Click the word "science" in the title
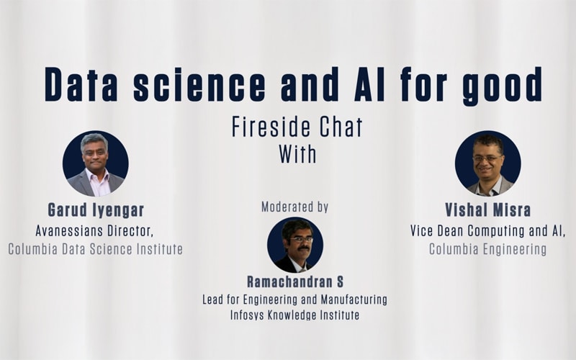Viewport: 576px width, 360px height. [x=199, y=84]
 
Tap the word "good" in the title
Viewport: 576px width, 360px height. [x=502, y=86]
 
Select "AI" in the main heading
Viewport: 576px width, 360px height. [x=369, y=84]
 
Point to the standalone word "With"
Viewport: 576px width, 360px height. [x=297, y=154]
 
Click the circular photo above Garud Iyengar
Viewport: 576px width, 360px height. [x=96, y=163]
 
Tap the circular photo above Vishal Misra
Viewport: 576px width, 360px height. [x=488, y=163]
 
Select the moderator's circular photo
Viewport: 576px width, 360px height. [x=295, y=245]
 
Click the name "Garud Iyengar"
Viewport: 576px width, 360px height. [x=96, y=210]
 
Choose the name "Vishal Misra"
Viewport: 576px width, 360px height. [x=488, y=210]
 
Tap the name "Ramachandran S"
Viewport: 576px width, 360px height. [x=295, y=282]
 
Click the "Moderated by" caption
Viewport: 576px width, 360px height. [x=295, y=207]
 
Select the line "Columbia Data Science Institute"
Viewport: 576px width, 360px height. [x=96, y=249]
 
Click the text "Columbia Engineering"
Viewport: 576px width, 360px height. [x=488, y=249]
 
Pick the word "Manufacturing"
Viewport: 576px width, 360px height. [x=354, y=300]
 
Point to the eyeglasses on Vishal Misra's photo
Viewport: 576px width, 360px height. [x=487, y=158]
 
